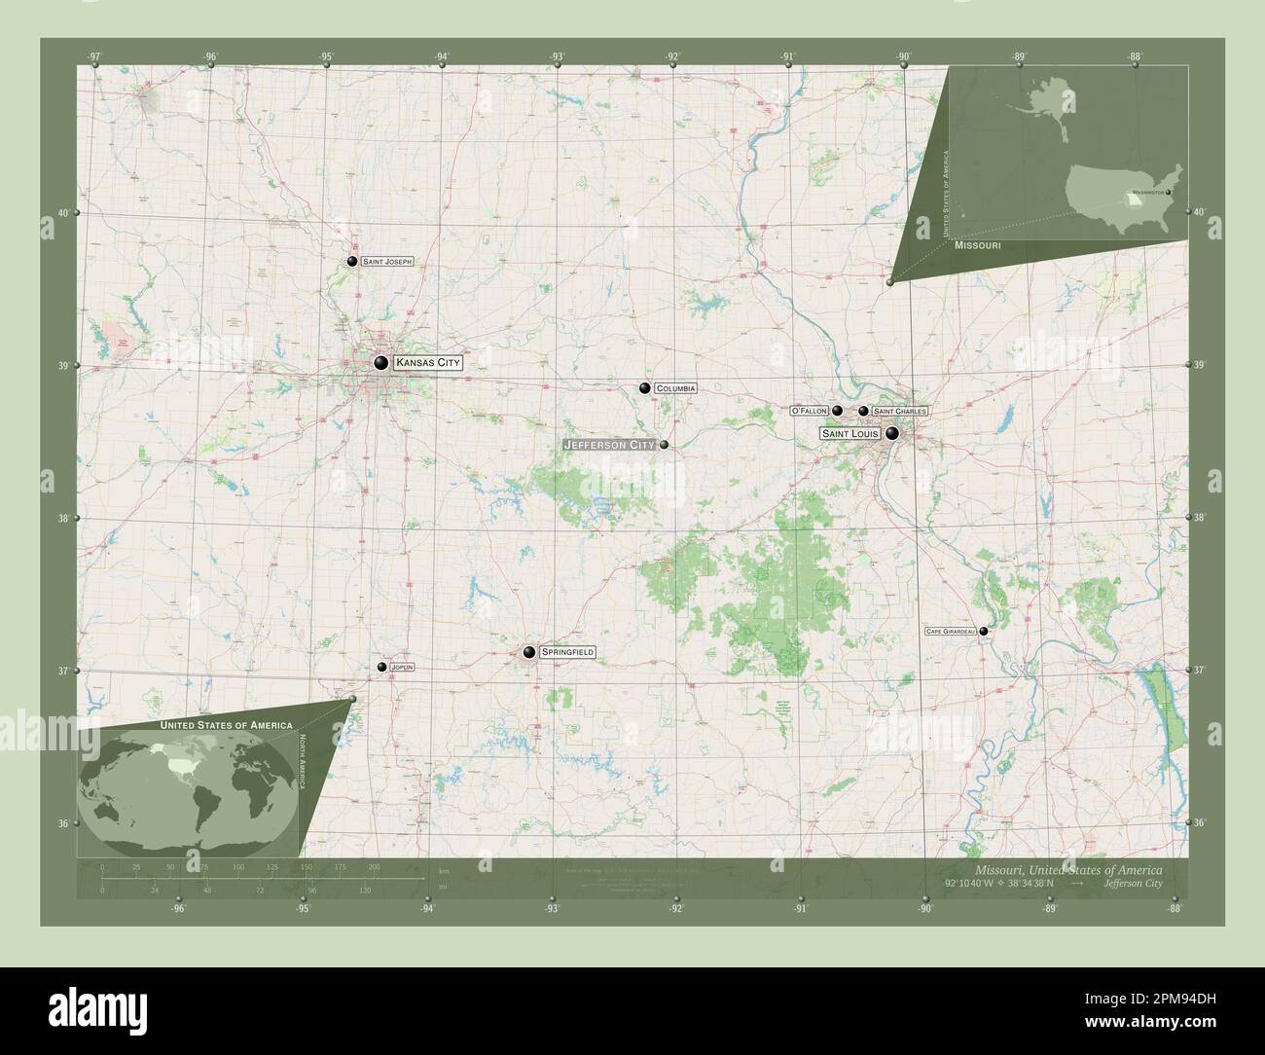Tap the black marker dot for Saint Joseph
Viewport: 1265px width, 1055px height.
351,261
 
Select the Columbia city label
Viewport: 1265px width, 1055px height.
675,388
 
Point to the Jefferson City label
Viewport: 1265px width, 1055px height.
608,445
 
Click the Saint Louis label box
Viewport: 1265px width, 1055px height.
849,433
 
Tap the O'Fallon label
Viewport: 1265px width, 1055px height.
809,411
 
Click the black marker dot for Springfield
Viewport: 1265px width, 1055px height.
529,651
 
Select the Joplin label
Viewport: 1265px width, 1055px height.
402,667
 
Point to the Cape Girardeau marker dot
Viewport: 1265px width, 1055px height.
984,631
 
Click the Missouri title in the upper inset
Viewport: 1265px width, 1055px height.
977,247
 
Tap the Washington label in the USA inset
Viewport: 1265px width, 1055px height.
1148,193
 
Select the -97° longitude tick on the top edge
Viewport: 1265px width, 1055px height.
94,56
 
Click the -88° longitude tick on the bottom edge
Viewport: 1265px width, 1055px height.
1175,908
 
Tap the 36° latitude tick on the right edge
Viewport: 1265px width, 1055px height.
1201,823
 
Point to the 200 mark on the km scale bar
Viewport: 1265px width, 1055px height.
374,866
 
